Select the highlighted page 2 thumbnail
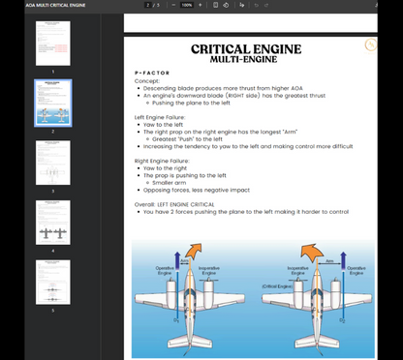point(53,102)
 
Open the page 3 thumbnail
point(53,162)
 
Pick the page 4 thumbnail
point(53,222)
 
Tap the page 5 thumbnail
point(53,281)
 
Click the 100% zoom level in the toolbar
point(186,5)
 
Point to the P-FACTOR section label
point(152,74)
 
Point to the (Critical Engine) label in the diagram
point(279,286)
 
